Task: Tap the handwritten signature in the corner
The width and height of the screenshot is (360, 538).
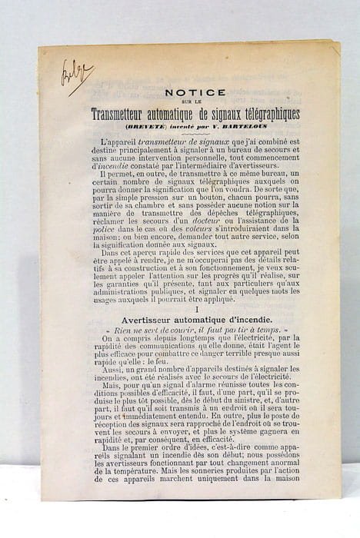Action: click(x=76, y=75)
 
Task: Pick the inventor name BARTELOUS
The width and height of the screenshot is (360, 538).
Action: click(x=244, y=125)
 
